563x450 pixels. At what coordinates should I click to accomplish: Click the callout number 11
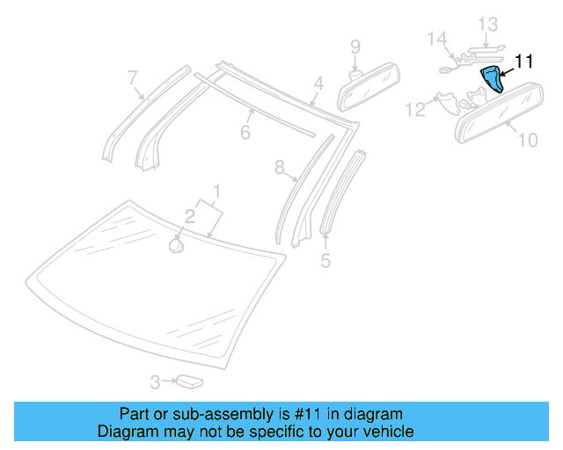[524, 62]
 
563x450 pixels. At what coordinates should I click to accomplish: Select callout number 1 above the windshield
[216, 191]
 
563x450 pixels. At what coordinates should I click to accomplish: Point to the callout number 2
[189, 216]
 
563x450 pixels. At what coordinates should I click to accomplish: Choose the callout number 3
[155, 382]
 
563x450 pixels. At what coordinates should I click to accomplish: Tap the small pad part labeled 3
[189, 381]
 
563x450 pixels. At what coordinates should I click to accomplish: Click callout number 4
[319, 84]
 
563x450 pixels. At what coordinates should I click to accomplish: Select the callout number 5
[325, 261]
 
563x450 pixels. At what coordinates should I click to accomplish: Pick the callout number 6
[245, 133]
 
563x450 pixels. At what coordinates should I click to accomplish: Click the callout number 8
[280, 167]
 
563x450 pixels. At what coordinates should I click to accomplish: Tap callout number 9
[355, 46]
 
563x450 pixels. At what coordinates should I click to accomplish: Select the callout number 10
[527, 140]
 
